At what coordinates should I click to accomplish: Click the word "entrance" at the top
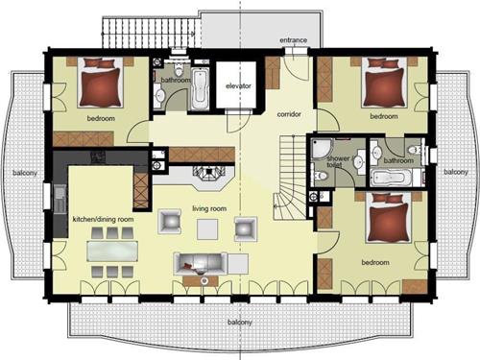point(293,40)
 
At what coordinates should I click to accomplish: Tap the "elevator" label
point(238,85)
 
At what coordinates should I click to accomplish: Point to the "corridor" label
point(289,114)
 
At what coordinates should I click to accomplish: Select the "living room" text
point(209,209)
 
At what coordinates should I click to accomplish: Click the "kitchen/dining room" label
point(103,220)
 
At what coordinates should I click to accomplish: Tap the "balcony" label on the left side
point(25,173)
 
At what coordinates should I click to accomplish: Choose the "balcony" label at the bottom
point(240,322)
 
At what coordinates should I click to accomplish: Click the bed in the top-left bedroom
point(101,83)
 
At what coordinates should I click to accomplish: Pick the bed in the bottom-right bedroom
point(389,218)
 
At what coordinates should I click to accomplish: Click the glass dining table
point(112,252)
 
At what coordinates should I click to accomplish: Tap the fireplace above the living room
point(209,172)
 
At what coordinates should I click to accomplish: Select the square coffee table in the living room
point(207,229)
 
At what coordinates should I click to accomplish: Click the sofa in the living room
point(201,264)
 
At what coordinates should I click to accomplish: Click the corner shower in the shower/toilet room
point(323,149)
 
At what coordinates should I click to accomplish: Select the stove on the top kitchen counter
point(98,157)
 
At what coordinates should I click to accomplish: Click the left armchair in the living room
point(170,221)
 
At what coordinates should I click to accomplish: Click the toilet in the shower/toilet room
point(321,176)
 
